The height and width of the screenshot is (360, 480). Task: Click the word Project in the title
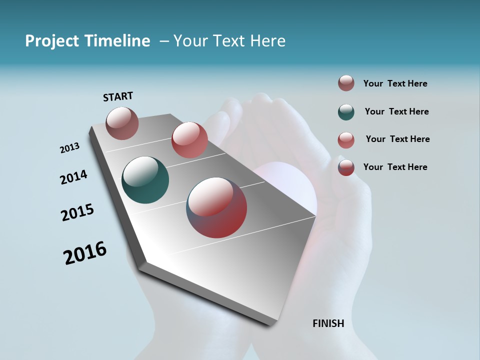point(50,41)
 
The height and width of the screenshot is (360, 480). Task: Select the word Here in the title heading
point(267,41)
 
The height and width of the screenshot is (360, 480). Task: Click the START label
point(118,96)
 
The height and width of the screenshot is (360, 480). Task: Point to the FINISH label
point(328,323)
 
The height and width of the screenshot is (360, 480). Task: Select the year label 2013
point(70,148)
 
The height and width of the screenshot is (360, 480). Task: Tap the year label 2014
point(74,177)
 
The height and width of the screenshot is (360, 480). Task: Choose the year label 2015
point(77,212)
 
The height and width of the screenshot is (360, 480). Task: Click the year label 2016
point(85,253)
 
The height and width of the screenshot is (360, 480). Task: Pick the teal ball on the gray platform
point(145,180)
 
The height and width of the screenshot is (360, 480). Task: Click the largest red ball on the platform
point(216,207)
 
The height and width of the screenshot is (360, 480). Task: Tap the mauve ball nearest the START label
point(122,123)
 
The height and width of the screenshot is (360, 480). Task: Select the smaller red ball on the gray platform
point(189,140)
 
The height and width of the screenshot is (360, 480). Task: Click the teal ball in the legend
point(346,112)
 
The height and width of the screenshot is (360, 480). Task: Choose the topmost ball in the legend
point(346,83)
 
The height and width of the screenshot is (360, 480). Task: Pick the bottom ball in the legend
point(346,167)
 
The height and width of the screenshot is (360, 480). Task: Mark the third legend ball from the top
point(346,140)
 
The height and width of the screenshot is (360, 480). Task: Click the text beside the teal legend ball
point(396,111)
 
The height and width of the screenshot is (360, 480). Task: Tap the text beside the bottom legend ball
point(395,167)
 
